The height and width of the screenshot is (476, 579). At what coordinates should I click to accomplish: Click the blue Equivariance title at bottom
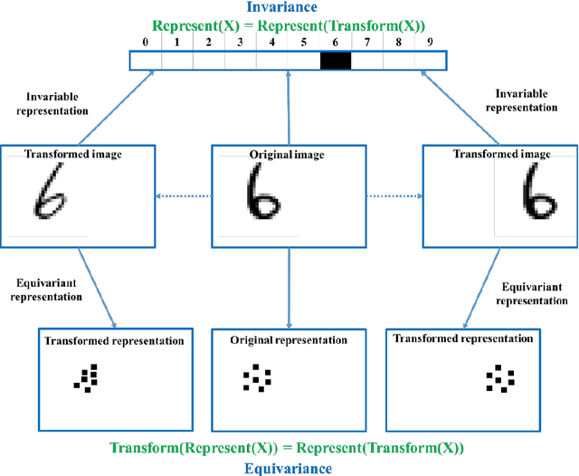(x=288, y=468)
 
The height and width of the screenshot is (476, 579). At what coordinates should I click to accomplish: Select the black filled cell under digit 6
(x=335, y=62)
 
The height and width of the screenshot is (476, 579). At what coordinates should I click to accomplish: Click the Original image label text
(x=287, y=156)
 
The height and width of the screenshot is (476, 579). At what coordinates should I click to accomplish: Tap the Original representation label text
(x=288, y=340)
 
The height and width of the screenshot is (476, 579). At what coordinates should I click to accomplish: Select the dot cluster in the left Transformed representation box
(x=87, y=379)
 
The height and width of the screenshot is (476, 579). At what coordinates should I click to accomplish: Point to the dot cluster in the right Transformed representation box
(x=499, y=379)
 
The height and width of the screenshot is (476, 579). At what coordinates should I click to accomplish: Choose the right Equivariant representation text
(x=535, y=292)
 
